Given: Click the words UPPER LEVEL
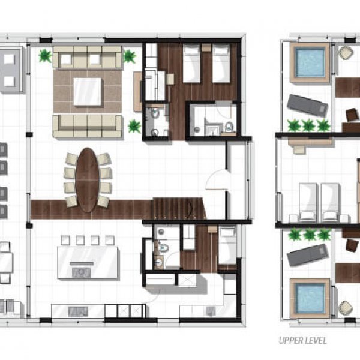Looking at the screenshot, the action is coord(303,340).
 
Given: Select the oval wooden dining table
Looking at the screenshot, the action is coord(87,180).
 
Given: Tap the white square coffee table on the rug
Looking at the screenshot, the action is coord(87,91).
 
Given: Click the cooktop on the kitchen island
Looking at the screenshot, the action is coord(81,272).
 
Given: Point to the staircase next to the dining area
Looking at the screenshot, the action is coord(178,208).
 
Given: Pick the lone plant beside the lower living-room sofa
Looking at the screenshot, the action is coord(134,126).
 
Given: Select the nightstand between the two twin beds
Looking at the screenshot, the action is coord(206,47).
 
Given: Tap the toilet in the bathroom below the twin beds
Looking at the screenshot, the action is coord(229,127).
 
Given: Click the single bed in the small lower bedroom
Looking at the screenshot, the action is coord(227,245).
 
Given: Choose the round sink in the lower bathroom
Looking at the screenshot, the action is coord(158,262).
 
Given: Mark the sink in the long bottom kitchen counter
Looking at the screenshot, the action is coord(78,311).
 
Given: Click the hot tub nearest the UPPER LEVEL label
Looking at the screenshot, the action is coord(310,298).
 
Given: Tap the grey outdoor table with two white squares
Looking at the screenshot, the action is coord(10,70).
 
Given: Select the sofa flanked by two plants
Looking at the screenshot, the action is coord(87,57).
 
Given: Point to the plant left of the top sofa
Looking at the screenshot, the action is coord(45,56).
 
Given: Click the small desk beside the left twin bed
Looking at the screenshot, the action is coord(170,79).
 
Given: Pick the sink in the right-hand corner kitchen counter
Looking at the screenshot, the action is coord(211,310).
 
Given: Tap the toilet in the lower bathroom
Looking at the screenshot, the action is coord(163,247).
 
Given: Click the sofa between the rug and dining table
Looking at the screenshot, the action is coord(87,126).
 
